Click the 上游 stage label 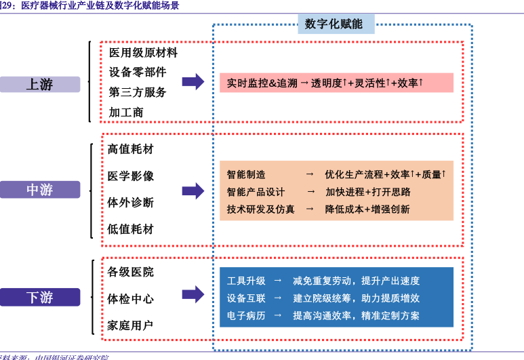pos(40,85)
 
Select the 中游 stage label pos(40,190)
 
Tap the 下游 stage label pos(40,297)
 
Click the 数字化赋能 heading pos(334,24)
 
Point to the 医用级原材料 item pos(143,52)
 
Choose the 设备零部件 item pos(137,72)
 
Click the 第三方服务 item pos(137,92)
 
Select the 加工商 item pos(126,112)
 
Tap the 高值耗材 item pos(131,149)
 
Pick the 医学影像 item pos(131,176)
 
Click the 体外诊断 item pos(131,202)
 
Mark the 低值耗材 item pos(131,228)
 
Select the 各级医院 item pos(131,272)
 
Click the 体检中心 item pos(131,298)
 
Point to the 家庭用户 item pos(131,325)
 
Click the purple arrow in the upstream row pos(193,82)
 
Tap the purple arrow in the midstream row pos(193,191)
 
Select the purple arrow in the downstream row pos(193,294)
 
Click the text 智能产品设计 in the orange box pos(256,192)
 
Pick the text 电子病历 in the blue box pos(246,315)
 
